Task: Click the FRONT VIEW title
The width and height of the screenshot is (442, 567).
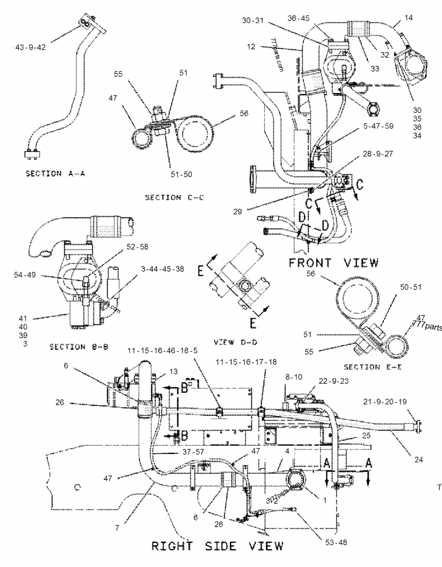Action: tap(334, 263)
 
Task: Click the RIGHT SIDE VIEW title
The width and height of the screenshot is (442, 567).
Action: tap(217, 546)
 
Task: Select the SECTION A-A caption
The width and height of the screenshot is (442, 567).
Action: tap(51, 173)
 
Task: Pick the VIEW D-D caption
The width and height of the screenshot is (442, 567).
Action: tap(234, 343)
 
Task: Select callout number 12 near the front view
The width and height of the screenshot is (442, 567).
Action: tap(251, 47)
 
